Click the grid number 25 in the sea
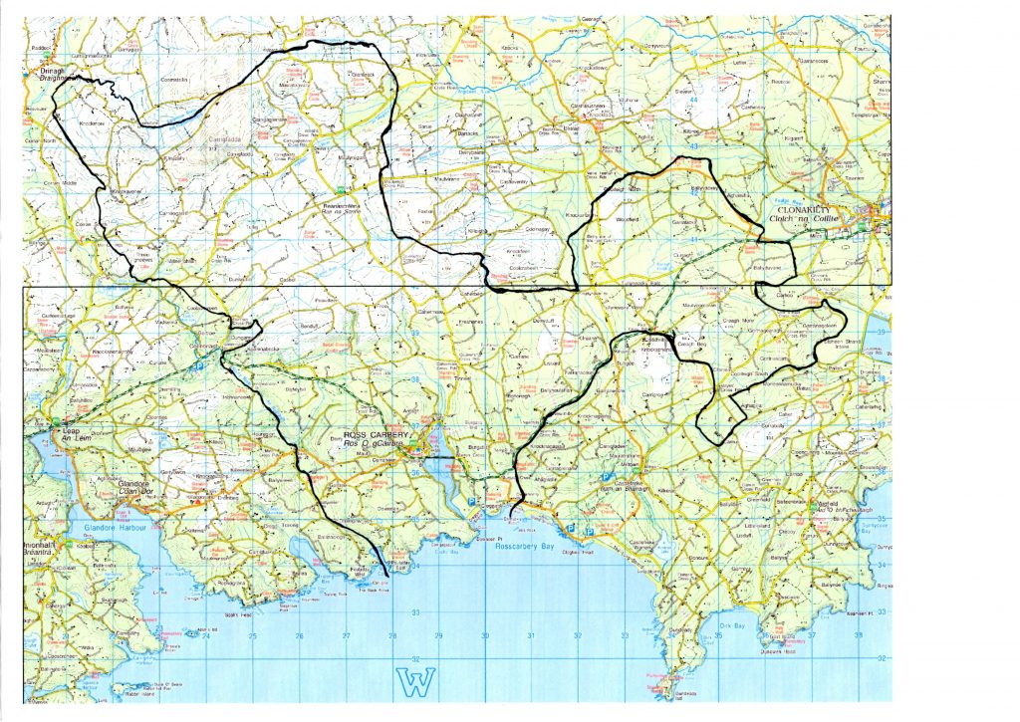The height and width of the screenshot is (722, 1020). coord(252,635)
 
